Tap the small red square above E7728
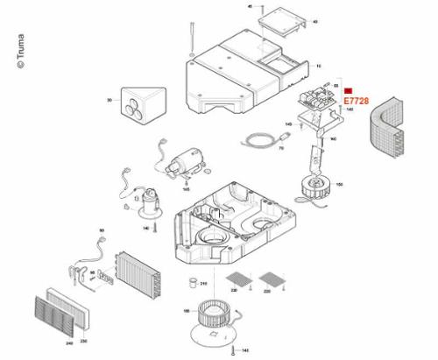[348, 91]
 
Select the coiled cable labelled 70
[258, 139]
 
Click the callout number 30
[110, 101]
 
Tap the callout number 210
[203, 284]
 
